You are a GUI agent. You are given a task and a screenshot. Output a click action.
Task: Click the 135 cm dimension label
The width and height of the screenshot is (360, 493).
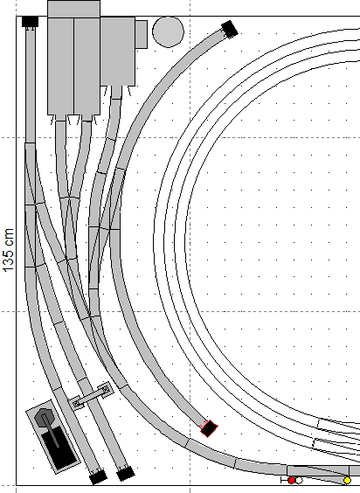pyautogui.click(x=8, y=250)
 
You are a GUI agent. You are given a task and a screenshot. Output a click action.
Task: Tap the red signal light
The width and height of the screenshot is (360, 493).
pyautogui.click(x=292, y=481)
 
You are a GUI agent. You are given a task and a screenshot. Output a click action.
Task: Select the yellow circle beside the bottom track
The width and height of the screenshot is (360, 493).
pyautogui.click(x=347, y=481)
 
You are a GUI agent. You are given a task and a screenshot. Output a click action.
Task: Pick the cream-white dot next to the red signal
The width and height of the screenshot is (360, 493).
pyautogui.click(x=299, y=481)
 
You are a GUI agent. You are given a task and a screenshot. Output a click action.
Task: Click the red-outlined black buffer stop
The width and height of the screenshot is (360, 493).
pyautogui.click(x=209, y=428)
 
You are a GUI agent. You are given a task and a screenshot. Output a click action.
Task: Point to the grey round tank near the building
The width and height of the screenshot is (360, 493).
pyautogui.click(x=169, y=31)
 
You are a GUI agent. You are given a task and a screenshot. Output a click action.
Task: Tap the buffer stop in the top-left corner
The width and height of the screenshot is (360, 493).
pyautogui.click(x=31, y=22)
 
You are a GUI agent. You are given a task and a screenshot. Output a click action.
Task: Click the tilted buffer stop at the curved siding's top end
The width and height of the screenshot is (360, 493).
pyautogui.click(x=230, y=29)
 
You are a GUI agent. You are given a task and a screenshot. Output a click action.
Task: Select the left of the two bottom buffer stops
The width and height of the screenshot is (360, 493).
pyautogui.click(x=98, y=477)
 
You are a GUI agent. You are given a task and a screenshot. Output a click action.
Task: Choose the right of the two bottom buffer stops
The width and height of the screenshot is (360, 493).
pyautogui.click(x=126, y=474)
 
